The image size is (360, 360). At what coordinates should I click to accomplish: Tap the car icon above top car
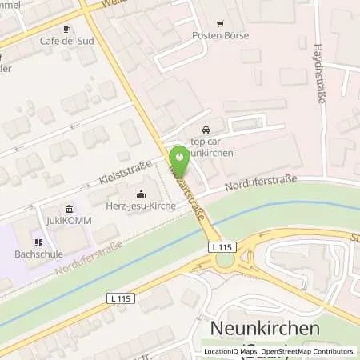pyautogui.click(x=207, y=129)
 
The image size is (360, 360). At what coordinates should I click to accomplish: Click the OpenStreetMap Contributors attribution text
pyautogui.click(x=310, y=351)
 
